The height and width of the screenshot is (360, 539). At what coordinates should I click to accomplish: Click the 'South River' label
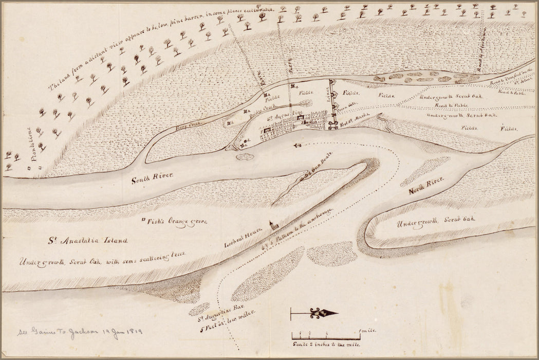[x=153, y=181]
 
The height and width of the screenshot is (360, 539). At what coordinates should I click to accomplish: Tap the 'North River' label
[x=426, y=186]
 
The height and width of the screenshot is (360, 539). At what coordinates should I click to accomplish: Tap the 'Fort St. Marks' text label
[x=355, y=122]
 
